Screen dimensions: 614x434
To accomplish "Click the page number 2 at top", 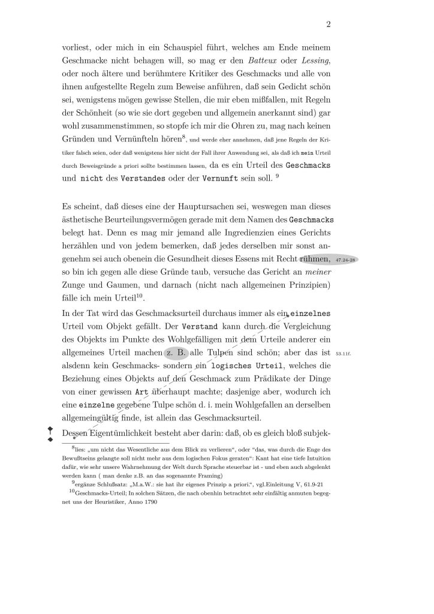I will tap(329, 25).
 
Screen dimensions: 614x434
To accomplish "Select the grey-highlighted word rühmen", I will tap(311, 260).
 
